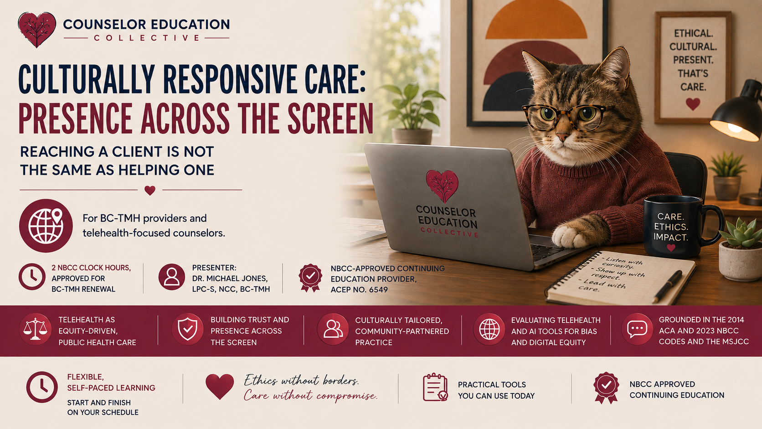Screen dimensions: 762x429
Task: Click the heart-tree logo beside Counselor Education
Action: [x=37, y=30]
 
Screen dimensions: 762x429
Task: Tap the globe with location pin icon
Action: [x=46, y=226]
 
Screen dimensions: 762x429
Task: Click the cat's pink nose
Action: [x=562, y=137]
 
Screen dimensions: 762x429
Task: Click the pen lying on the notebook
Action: [x=667, y=286]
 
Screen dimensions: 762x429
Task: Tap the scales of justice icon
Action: [x=35, y=329]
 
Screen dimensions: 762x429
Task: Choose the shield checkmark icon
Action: [x=187, y=329]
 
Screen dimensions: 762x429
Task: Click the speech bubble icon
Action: [x=637, y=329]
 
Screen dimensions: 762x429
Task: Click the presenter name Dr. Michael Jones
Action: [x=230, y=279]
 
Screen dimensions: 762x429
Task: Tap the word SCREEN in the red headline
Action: [x=330, y=119]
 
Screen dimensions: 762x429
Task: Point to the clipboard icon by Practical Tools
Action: [x=435, y=387]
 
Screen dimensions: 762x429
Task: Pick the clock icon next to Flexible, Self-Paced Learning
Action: [x=42, y=387]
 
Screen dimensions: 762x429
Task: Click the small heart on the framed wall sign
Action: [x=693, y=104]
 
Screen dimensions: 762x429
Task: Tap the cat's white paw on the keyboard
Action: [x=568, y=237]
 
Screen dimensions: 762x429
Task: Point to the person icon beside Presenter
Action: [x=171, y=277]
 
